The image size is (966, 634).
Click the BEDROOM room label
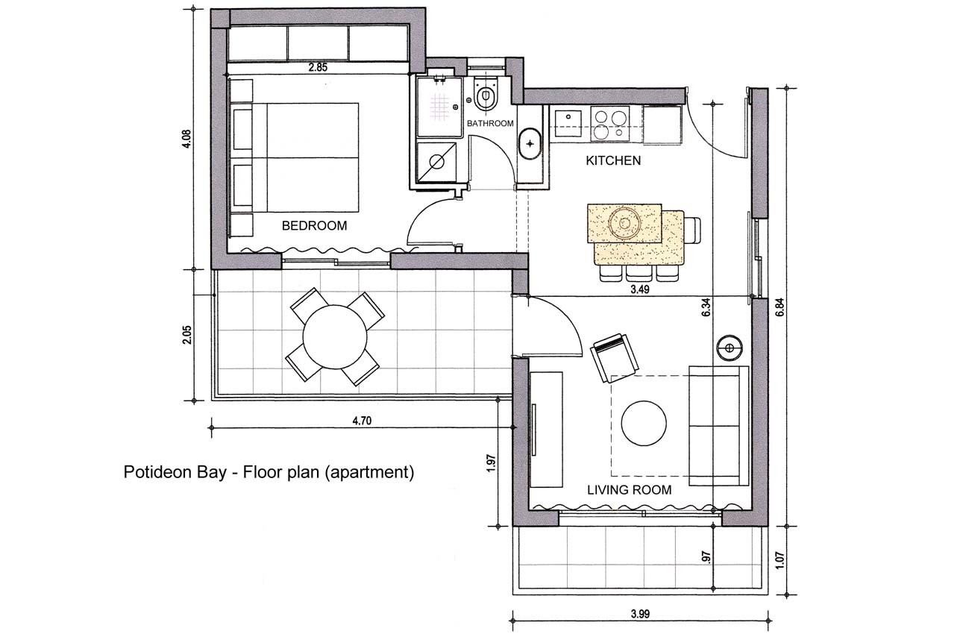click(x=314, y=225)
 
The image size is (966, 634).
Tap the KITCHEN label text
click(x=613, y=160)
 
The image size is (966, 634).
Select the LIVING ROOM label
click(x=629, y=489)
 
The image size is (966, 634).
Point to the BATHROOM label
click(x=490, y=123)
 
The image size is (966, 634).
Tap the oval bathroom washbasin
click(x=530, y=144)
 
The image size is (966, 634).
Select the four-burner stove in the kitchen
click(x=609, y=124)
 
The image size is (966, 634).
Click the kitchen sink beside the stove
click(x=568, y=124)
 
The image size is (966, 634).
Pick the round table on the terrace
click(x=335, y=337)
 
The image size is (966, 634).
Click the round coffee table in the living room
click(x=644, y=423)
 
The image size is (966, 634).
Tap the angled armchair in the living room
click(x=614, y=357)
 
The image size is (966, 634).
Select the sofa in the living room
click(x=718, y=426)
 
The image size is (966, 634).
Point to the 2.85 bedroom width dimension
click(x=318, y=67)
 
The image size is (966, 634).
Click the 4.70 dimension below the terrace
click(x=362, y=421)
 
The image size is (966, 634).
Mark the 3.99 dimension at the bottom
click(x=640, y=613)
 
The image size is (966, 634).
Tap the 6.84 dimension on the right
click(x=780, y=307)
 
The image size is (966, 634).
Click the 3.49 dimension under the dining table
click(x=640, y=289)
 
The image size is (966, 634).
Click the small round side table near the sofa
click(x=730, y=348)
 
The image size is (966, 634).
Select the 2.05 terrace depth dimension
click(x=186, y=335)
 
